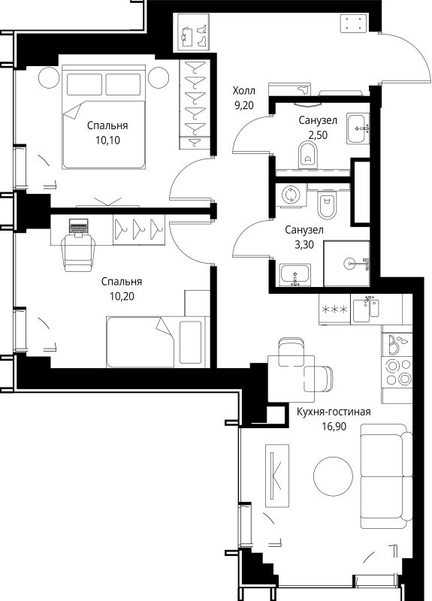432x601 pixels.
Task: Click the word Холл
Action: tap(243, 91)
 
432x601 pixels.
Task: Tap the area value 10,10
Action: tap(107, 140)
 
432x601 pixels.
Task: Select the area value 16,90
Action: tap(334, 426)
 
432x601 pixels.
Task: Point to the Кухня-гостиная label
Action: tap(334, 412)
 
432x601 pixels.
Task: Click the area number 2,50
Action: tap(318, 135)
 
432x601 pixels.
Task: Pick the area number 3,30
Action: tap(304, 245)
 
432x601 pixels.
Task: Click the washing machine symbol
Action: tap(290, 195)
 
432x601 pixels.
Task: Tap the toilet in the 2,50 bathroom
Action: tap(308, 155)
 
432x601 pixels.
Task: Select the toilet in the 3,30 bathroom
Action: tap(327, 205)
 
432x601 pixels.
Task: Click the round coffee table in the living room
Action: tap(333, 476)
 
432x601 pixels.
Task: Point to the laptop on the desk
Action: tap(79, 226)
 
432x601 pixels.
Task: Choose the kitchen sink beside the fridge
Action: tap(366, 310)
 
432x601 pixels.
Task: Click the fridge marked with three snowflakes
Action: tap(334, 310)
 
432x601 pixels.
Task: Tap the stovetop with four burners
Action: tap(397, 371)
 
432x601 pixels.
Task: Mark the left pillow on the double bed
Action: tap(84, 84)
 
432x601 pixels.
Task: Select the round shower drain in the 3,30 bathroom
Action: tap(349, 264)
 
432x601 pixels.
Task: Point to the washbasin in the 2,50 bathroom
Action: tap(358, 128)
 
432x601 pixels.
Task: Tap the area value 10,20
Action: tap(122, 296)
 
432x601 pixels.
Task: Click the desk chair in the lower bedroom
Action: tap(80, 252)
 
